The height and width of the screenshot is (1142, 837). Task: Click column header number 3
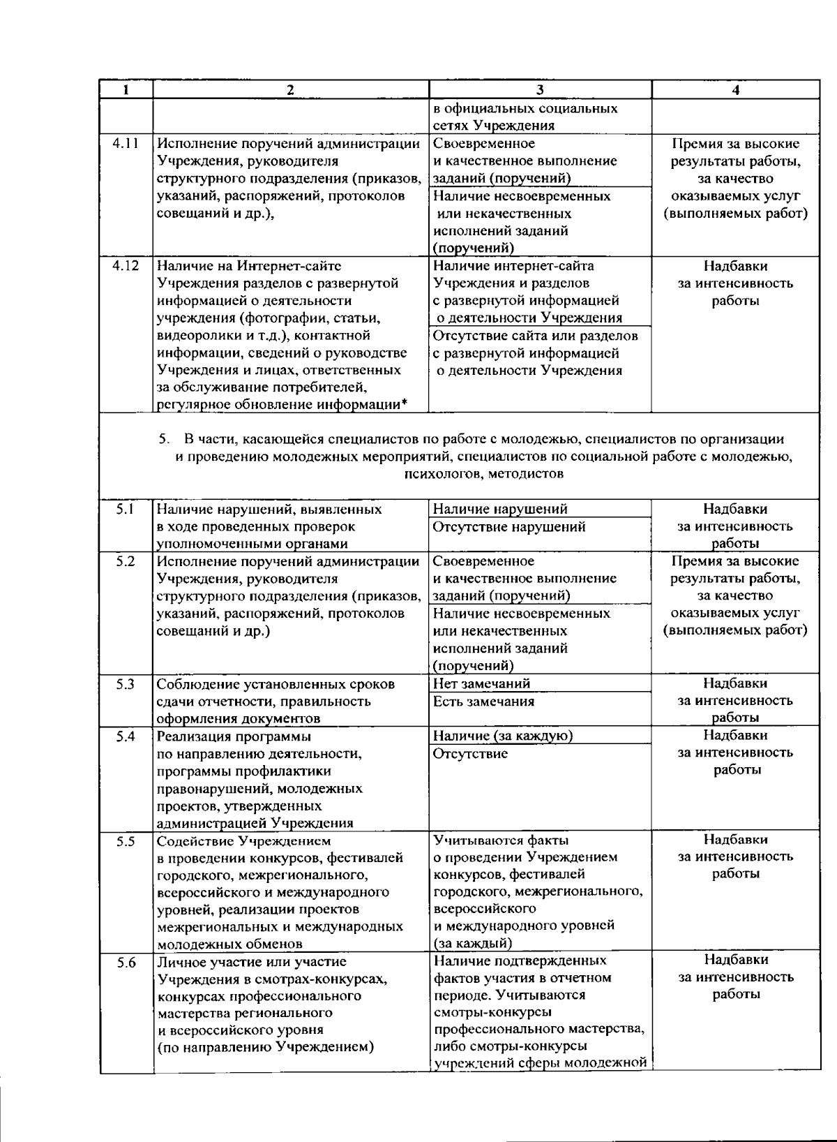540,90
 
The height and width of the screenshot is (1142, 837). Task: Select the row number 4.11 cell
126,144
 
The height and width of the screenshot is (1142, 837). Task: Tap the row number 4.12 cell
126,266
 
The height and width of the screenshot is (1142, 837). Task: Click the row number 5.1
126,510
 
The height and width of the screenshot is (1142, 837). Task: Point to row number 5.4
126,736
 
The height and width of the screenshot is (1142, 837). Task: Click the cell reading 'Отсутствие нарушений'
508,527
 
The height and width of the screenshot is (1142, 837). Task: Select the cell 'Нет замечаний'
481,684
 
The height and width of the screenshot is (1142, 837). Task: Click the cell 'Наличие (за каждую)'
503,736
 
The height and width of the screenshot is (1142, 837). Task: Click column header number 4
735,90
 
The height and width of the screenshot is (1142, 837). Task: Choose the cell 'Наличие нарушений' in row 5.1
499,510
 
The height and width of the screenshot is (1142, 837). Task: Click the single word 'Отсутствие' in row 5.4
470,754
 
